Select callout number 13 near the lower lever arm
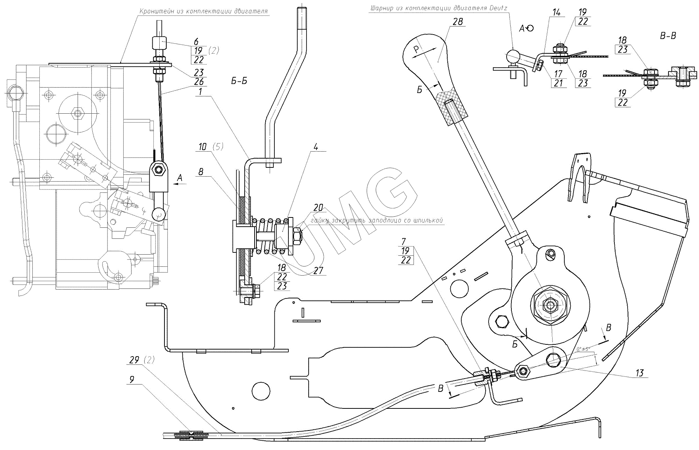(x=639, y=373)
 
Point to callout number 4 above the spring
(x=315, y=146)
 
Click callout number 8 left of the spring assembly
(x=201, y=171)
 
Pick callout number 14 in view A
(x=556, y=13)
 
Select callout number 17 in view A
(x=558, y=73)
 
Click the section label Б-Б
(x=239, y=81)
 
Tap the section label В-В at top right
(x=668, y=36)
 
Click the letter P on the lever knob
(x=416, y=49)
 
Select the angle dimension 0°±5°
(x=583, y=348)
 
